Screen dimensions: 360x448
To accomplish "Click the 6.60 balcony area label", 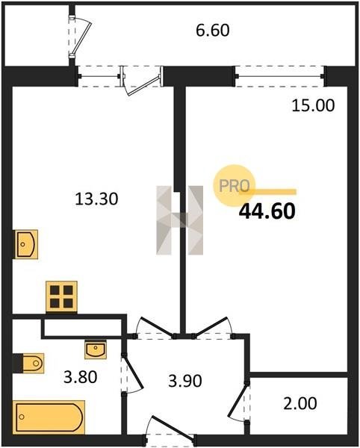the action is coord(213,31).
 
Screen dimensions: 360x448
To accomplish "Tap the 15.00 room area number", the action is coord(313,105).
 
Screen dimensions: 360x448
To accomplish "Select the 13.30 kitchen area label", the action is coord(96,199).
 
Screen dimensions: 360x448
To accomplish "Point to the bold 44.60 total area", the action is coord(267,211).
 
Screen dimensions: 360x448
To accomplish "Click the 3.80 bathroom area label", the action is coord(80,377).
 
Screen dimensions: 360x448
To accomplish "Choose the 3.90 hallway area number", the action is coord(185,381).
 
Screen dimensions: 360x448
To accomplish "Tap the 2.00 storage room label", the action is coord(300,403).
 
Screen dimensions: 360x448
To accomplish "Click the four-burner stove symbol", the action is coord(61,297).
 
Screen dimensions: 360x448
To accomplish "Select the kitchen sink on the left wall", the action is coord(26,244).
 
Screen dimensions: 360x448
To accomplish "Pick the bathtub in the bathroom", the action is coord(49,417).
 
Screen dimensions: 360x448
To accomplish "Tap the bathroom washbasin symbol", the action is coord(96,349).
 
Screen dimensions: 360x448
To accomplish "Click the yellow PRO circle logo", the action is coord(234,185).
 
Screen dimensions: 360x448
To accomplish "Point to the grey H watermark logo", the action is coord(180,220).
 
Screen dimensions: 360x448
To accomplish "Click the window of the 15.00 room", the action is coord(279,76).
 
